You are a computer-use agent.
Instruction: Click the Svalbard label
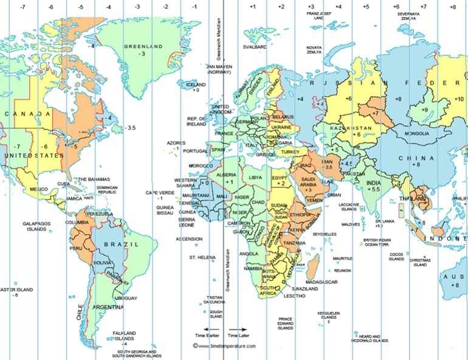coord(255,47)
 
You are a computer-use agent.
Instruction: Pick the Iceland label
coord(196,85)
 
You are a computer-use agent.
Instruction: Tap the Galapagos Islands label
coord(37,227)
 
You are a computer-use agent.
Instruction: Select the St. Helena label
coord(202,258)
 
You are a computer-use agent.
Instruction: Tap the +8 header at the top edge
coord(453,7)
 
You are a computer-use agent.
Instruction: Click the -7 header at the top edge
coord(22,7)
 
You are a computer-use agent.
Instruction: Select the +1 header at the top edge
coord(252,7)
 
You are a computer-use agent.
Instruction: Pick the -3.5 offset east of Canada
coord(130,128)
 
